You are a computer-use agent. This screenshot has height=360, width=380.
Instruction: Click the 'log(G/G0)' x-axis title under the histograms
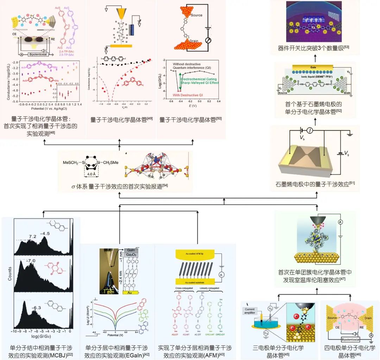(42, 336)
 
